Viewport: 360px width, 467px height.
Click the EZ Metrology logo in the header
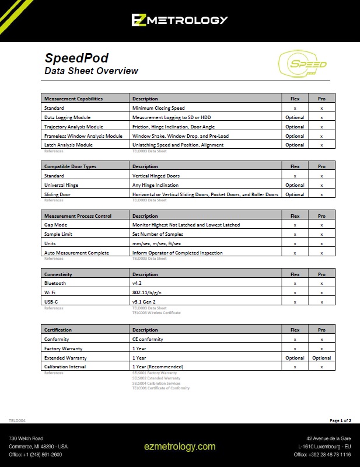[179, 20]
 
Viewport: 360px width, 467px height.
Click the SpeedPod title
[76, 58]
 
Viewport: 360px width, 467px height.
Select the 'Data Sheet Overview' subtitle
[92, 71]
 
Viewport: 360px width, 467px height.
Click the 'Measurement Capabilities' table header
[74, 99]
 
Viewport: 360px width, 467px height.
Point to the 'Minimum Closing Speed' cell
[159, 108]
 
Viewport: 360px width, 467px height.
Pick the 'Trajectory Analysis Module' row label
[74, 127]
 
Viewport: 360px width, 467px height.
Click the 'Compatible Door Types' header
[70, 166]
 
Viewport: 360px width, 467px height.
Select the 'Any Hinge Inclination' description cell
[156, 185]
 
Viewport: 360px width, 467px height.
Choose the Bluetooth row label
[55, 283]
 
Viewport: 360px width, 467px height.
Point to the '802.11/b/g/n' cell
[147, 292]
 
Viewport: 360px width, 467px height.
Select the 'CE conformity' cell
[148, 339]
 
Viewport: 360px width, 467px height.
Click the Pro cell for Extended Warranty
[321, 358]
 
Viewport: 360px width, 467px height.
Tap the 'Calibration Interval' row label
[65, 367]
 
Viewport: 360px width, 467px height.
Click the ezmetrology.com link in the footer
[180, 447]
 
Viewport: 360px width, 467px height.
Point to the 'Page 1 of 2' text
[340, 420]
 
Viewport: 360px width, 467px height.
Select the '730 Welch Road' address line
[26, 438]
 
